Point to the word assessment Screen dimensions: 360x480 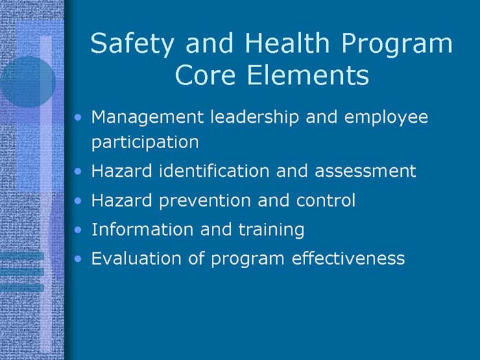365,171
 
